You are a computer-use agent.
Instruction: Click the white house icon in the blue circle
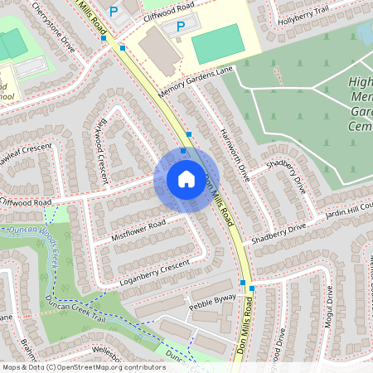tap(186, 179)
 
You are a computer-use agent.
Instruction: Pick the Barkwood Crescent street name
tap(102, 140)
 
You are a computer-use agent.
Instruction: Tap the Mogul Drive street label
tap(329, 306)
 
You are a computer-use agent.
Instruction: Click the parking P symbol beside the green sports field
tap(180, 27)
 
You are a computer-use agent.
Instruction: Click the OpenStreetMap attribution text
tap(84, 366)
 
